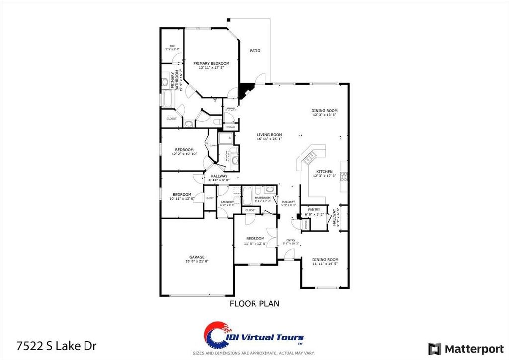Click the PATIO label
[255, 51]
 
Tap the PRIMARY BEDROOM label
[211, 63]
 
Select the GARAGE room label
[196, 257]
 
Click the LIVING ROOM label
[269, 135]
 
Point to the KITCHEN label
[324, 172]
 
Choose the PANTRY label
[314, 210]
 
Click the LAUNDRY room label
[227, 202]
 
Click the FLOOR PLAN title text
[254, 302]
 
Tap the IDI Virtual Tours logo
[254, 337]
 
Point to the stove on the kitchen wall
[344, 177]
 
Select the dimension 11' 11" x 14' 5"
[325, 264]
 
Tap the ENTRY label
[291, 240]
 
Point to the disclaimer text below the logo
[254, 353]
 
